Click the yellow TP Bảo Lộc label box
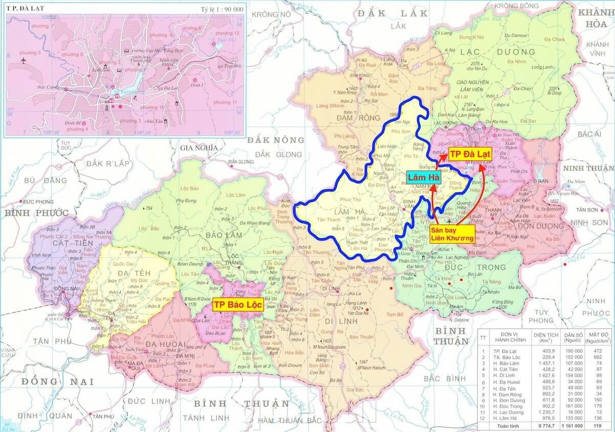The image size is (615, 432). [x=238, y=304]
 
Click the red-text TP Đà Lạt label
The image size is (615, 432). [x=470, y=154]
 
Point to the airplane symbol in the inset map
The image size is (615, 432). [x=23, y=60]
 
